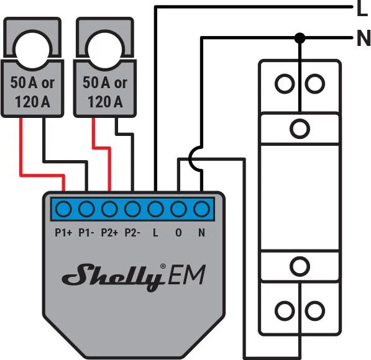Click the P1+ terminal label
coord(64,233)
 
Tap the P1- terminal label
coord(87,233)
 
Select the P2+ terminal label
coord(110,233)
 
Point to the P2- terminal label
coord(132,233)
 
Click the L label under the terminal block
coord(155,233)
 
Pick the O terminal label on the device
coord(178,233)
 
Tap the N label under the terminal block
coord(201,233)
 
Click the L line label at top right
coord(362,9)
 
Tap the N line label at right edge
coord(363,39)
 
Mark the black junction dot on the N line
coord(300,38)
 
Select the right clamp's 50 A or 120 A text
coord(104,91)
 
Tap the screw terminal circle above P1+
coord(64,208)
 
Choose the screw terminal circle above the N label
coord(201,208)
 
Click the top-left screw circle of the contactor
coord(285,84)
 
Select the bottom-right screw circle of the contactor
coord(316,308)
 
